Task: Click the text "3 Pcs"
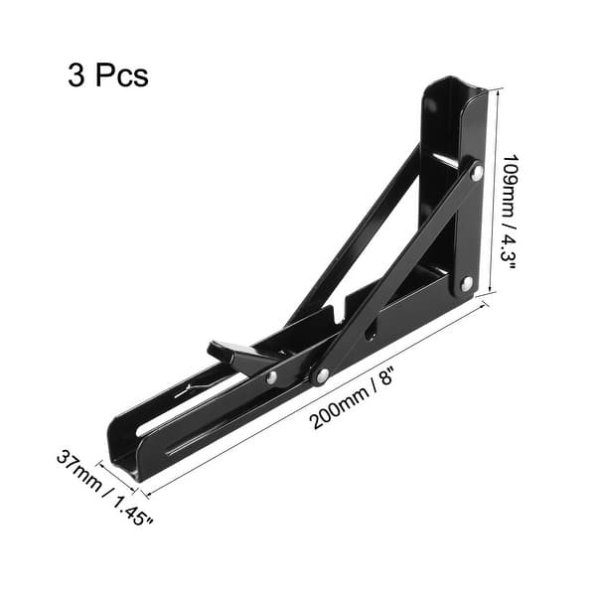coord(108,76)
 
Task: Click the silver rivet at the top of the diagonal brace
coord(477,172)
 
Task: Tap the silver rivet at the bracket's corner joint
coord(466,284)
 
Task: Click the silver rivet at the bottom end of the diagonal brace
coord(322,375)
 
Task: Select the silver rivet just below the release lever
coord(271,377)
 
